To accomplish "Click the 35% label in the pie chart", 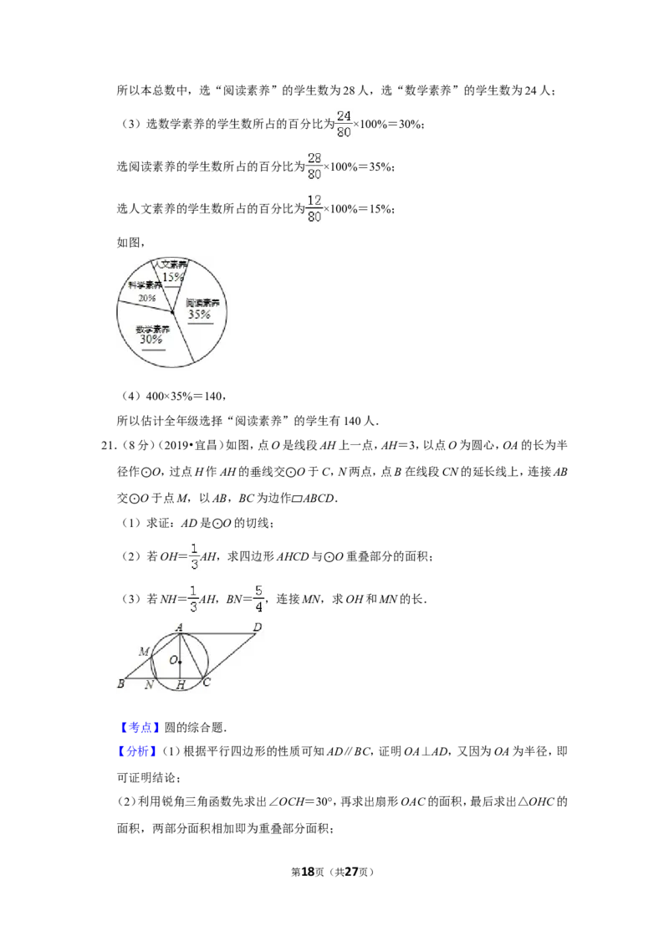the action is [199, 314].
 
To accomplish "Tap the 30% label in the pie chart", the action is [151, 340].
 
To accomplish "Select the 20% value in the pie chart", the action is [146, 298].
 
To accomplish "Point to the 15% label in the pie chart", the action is [172, 277].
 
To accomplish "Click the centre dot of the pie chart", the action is [172, 312].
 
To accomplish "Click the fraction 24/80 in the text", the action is [344, 124].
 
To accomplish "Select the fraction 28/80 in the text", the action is [314, 166].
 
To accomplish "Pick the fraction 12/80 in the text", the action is [314, 208].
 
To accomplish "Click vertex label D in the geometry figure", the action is [258, 627].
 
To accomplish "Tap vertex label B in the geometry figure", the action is [120, 683].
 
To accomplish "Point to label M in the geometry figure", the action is [145, 652].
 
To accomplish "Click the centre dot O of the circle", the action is [180, 662].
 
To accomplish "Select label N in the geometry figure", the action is [149, 685].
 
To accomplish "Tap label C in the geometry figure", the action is [207, 683].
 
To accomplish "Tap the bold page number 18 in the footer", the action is [308, 872].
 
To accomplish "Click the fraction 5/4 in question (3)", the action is [259, 598].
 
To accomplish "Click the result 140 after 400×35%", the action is [213, 397].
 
